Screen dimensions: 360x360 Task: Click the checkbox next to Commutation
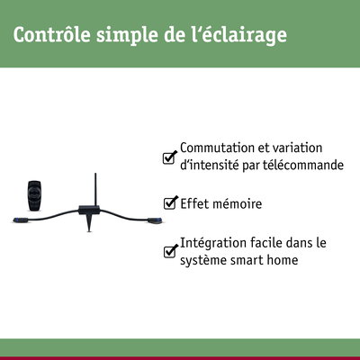[169, 157]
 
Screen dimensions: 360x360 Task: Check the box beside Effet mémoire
[169, 204]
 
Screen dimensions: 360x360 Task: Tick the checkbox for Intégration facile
[169, 252]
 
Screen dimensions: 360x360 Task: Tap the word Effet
[195, 204]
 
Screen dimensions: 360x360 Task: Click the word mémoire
[238, 204]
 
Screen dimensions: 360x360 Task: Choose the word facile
[272, 243]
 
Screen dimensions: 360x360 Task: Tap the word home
[289, 260]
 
